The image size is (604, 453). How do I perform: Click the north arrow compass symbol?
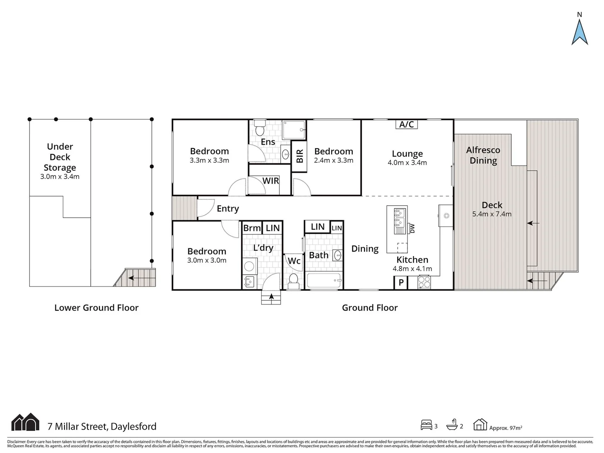(x=579, y=31)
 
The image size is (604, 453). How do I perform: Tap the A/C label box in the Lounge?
(x=406, y=124)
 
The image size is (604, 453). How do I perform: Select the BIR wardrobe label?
(x=299, y=156)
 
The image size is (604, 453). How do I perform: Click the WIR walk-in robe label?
(x=271, y=181)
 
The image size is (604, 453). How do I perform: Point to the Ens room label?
(x=268, y=142)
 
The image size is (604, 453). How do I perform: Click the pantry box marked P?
(x=401, y=283)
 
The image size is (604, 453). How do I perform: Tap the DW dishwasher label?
(x=412, y=228)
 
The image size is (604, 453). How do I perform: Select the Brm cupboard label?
(x=252, y=228)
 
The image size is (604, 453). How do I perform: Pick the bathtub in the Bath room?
(x=324, y=280)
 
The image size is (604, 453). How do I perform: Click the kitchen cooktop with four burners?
(x=424, y=282)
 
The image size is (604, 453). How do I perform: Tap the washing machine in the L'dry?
(x=250, y=266)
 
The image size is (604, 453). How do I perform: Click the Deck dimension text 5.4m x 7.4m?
(x=492, y=214)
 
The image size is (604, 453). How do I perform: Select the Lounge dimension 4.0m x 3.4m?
(x=407, y=163)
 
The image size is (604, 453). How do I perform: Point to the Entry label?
(x=228, y=208)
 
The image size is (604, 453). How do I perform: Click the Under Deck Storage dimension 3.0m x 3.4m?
(x=60, y=177)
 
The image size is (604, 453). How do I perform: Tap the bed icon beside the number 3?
(x=426, y=425)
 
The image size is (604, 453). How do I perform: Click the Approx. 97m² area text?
(x=505, y=428)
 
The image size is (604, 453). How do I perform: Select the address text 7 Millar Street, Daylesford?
(x=102, y=427)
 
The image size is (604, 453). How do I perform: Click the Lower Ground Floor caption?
(x=96, y=307)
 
